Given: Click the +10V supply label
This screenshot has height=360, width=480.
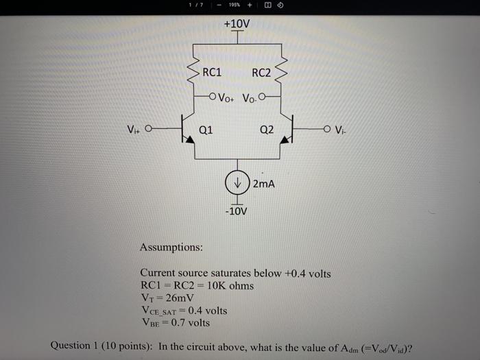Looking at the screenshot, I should click(237, 24).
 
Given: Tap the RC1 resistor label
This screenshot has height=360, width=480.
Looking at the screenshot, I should click(212, 72).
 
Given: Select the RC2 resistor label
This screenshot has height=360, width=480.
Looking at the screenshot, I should click(261, 73).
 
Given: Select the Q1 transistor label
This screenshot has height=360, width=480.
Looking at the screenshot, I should click(206, 129).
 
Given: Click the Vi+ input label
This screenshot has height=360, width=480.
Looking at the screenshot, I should click(134, 128).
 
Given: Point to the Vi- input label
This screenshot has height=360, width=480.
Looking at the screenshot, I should click(341, 128).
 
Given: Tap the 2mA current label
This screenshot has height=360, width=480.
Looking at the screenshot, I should click(263, 184).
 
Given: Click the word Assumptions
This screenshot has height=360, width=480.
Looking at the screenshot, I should click(171, 247).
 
